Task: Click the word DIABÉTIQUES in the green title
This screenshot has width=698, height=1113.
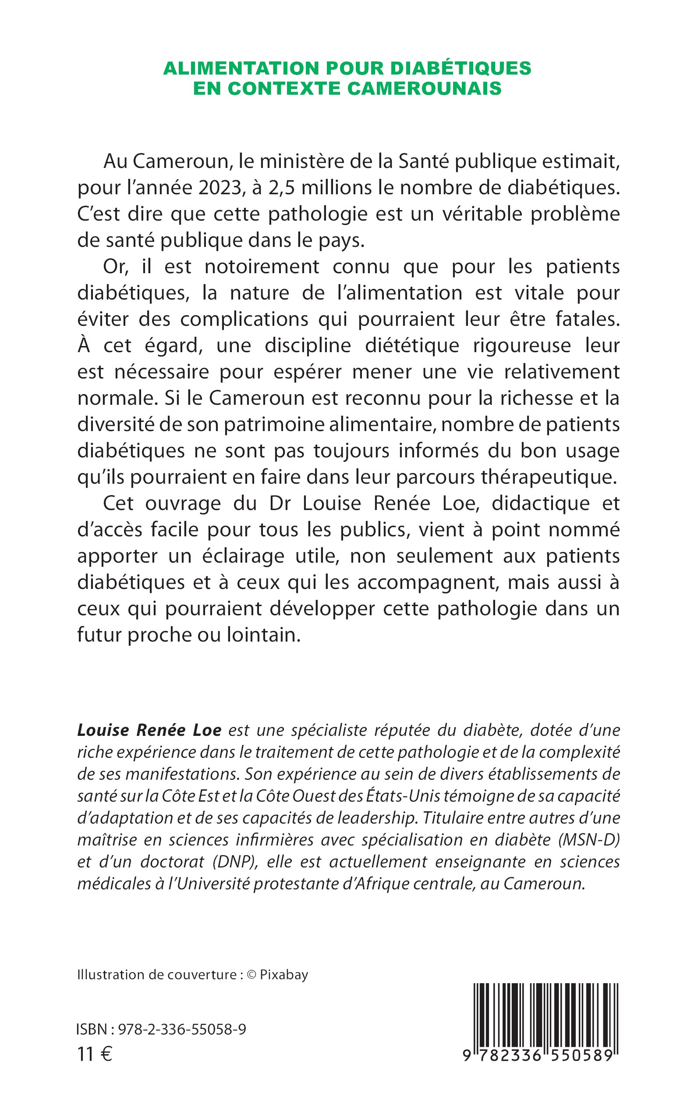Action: (x=461, y=68)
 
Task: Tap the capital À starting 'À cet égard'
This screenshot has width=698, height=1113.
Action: (x=84, y=345)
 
